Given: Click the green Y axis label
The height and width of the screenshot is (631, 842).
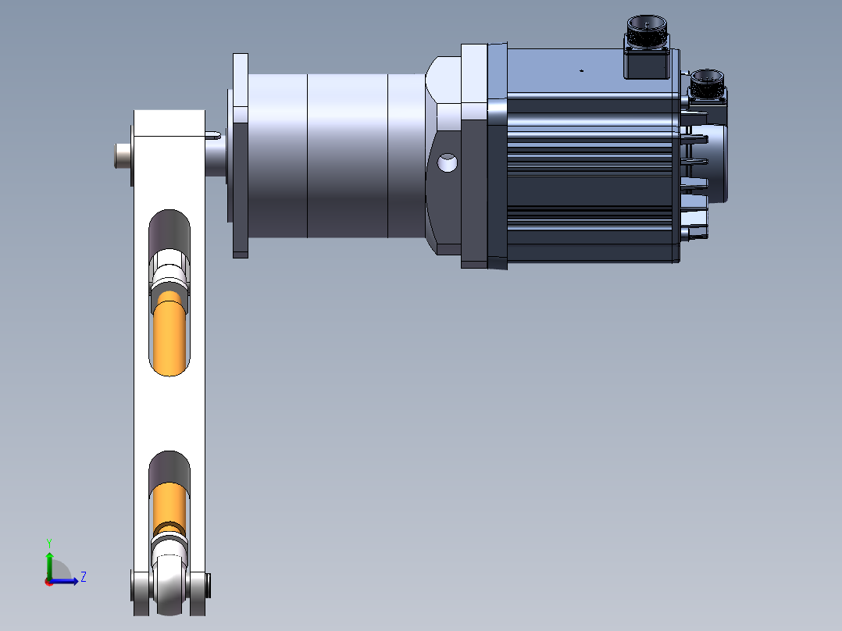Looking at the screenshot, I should click(x=48, y=542).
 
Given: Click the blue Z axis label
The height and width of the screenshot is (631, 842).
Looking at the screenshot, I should click(x=83, y=577).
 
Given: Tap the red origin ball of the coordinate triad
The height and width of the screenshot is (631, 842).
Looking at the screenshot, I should click(x=48, y=581).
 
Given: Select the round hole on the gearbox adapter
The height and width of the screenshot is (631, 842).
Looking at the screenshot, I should click(x=448, y=163).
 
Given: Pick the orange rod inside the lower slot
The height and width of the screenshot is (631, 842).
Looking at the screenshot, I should click(x=169, y=504).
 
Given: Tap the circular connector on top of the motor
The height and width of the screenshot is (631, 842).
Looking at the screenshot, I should click(x=646, y=34).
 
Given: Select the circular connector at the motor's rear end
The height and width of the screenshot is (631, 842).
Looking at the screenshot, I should click(x=707, y=81).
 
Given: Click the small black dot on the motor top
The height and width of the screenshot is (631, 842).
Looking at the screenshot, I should click(x=581, y=70).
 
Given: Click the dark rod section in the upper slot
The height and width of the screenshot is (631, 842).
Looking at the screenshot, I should click(x=169, y=230).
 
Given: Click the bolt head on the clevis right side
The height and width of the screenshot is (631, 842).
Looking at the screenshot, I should click(x=209, y=583).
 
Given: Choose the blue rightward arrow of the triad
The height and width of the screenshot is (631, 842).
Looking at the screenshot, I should click(x=67, y=580).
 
